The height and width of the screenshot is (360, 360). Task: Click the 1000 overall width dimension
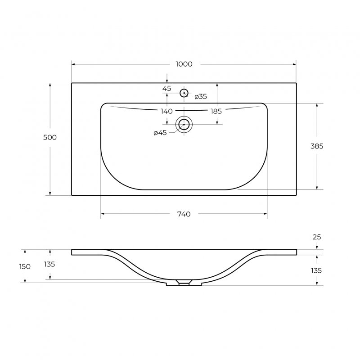184,64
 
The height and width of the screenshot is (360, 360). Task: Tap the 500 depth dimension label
50,137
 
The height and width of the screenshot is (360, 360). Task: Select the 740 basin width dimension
184,214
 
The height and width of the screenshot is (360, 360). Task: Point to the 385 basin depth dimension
317,146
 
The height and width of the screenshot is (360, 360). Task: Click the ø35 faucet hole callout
201,97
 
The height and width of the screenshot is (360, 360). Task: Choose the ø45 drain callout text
160,133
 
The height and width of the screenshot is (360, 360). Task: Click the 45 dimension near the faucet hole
166,88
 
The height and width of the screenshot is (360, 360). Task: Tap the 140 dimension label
166,111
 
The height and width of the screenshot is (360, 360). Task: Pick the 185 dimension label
216,111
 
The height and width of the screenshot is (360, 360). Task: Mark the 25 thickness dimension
317,237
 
